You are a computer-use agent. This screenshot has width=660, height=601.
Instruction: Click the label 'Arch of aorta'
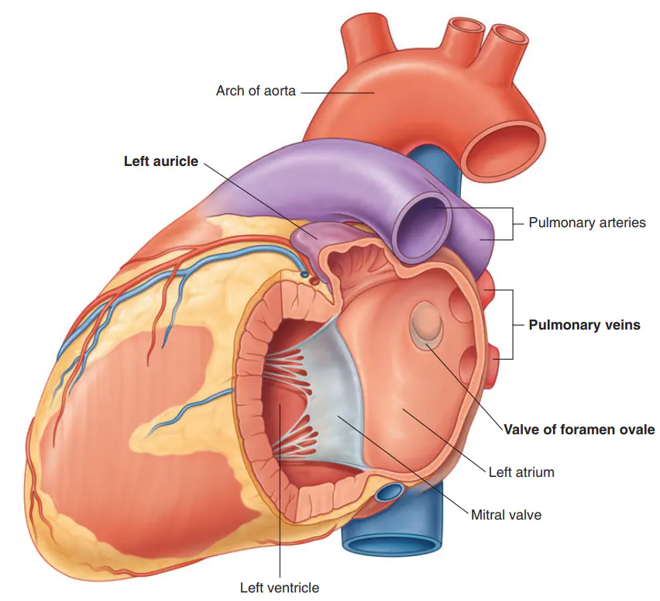pos(256,91)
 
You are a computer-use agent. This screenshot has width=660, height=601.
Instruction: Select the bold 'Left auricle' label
pos(161,161)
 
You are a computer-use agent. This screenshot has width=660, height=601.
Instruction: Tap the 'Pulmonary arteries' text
pos(586,223)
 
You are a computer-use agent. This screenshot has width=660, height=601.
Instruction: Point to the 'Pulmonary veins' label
pos(584,325)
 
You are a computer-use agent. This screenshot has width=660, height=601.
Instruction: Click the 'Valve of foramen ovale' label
pos(579,430)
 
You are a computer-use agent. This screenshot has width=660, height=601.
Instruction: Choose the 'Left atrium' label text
pos(521,472)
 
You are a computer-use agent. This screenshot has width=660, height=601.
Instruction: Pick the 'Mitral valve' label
pos(506,515)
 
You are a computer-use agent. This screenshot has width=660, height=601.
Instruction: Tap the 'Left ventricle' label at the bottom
pos(280,587)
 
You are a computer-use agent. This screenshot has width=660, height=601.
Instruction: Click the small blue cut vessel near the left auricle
pos(304,275)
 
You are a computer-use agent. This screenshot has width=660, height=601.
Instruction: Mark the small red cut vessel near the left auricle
pos(314,279)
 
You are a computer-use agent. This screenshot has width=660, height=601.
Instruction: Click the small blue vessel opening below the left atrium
pos(390,492)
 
